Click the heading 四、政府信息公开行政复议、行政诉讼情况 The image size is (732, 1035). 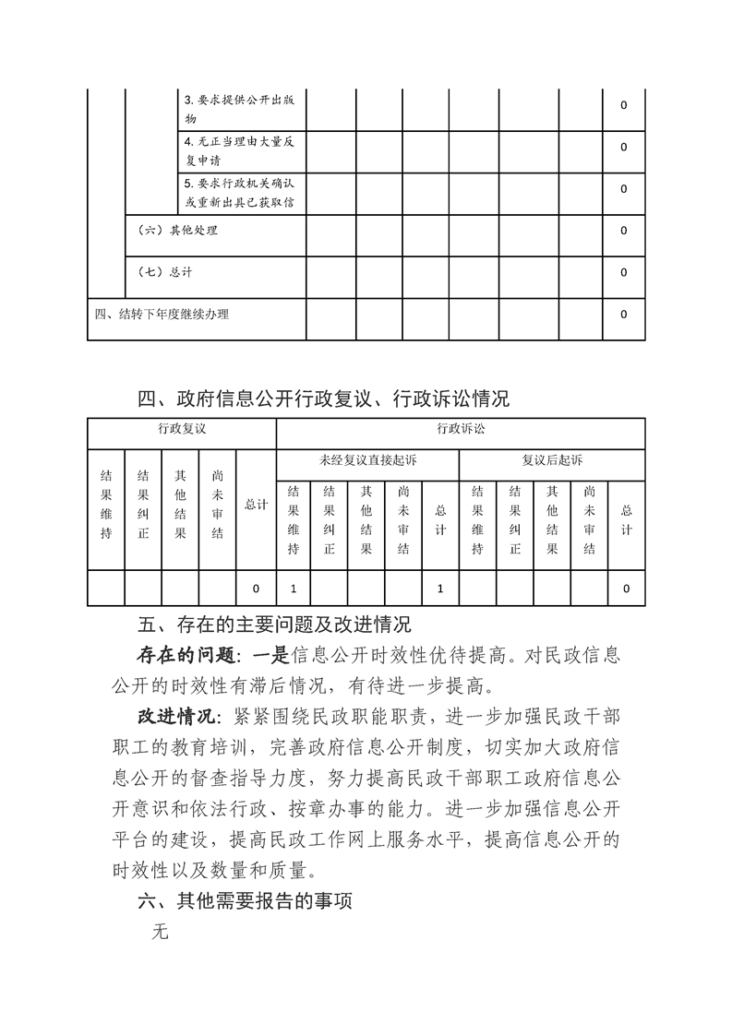coord(323,399)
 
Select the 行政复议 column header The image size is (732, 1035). coord(181,429)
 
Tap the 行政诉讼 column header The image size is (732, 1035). coord(461,429)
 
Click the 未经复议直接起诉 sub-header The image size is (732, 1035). coord(367,460)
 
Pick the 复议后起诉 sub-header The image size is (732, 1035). coord(552,460)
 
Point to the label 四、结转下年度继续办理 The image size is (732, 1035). coord(162,314)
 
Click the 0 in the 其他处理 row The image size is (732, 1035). coord(624,231)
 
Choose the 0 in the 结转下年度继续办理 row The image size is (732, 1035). coord(624,314)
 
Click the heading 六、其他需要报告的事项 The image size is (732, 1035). coord(244,900)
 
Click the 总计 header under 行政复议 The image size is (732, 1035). coord(256,505)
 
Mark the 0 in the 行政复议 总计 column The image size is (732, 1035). coord(256,588)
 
